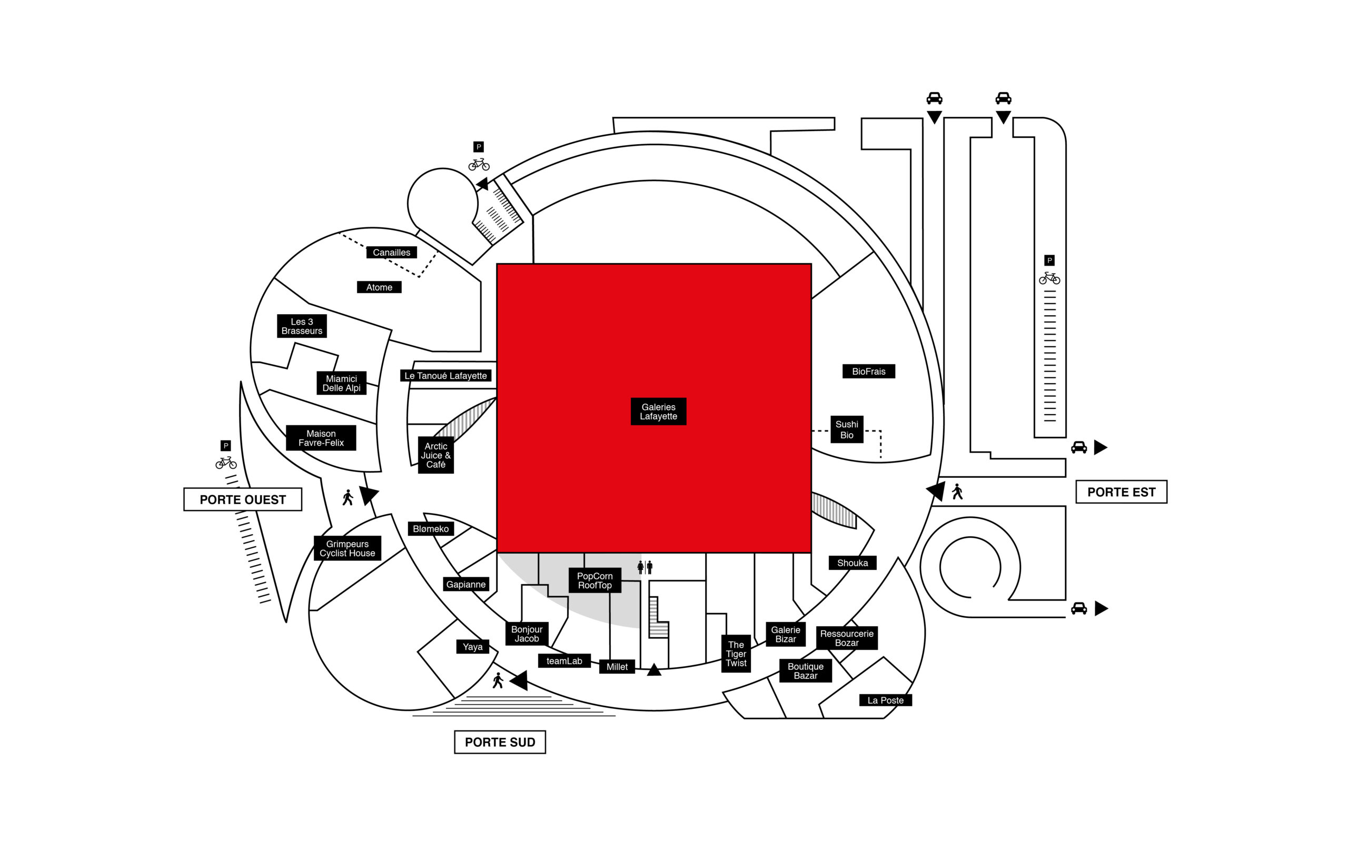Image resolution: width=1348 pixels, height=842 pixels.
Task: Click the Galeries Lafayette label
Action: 658,412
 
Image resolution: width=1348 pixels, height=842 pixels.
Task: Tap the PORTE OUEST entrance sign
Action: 243,499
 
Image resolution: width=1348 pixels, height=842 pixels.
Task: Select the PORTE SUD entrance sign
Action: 500,743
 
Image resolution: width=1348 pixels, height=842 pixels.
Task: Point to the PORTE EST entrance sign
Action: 1121,492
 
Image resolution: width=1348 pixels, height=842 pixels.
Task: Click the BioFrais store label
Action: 868,372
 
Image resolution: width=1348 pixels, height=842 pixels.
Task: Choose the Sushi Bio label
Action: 847,429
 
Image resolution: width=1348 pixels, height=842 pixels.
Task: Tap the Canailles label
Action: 392,252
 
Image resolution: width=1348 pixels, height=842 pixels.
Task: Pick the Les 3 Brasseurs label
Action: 302,326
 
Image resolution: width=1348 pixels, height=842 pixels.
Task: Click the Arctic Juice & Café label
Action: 435,455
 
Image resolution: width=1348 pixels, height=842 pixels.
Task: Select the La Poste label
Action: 885,700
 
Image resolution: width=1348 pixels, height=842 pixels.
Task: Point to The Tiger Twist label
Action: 736,654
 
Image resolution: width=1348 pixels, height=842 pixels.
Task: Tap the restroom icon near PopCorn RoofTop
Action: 645,567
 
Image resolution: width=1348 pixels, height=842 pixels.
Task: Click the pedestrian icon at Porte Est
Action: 957,492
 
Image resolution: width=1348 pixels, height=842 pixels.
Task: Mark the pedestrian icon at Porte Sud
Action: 498,680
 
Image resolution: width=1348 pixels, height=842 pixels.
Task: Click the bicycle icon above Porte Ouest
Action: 226,463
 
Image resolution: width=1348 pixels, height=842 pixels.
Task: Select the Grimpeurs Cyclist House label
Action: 348,548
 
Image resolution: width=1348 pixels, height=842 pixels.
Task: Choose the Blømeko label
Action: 431,529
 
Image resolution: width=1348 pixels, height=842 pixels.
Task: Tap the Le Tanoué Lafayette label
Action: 445,376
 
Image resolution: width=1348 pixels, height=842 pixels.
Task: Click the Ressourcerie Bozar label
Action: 847,638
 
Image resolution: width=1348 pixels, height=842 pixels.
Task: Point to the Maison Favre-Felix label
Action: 321,438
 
